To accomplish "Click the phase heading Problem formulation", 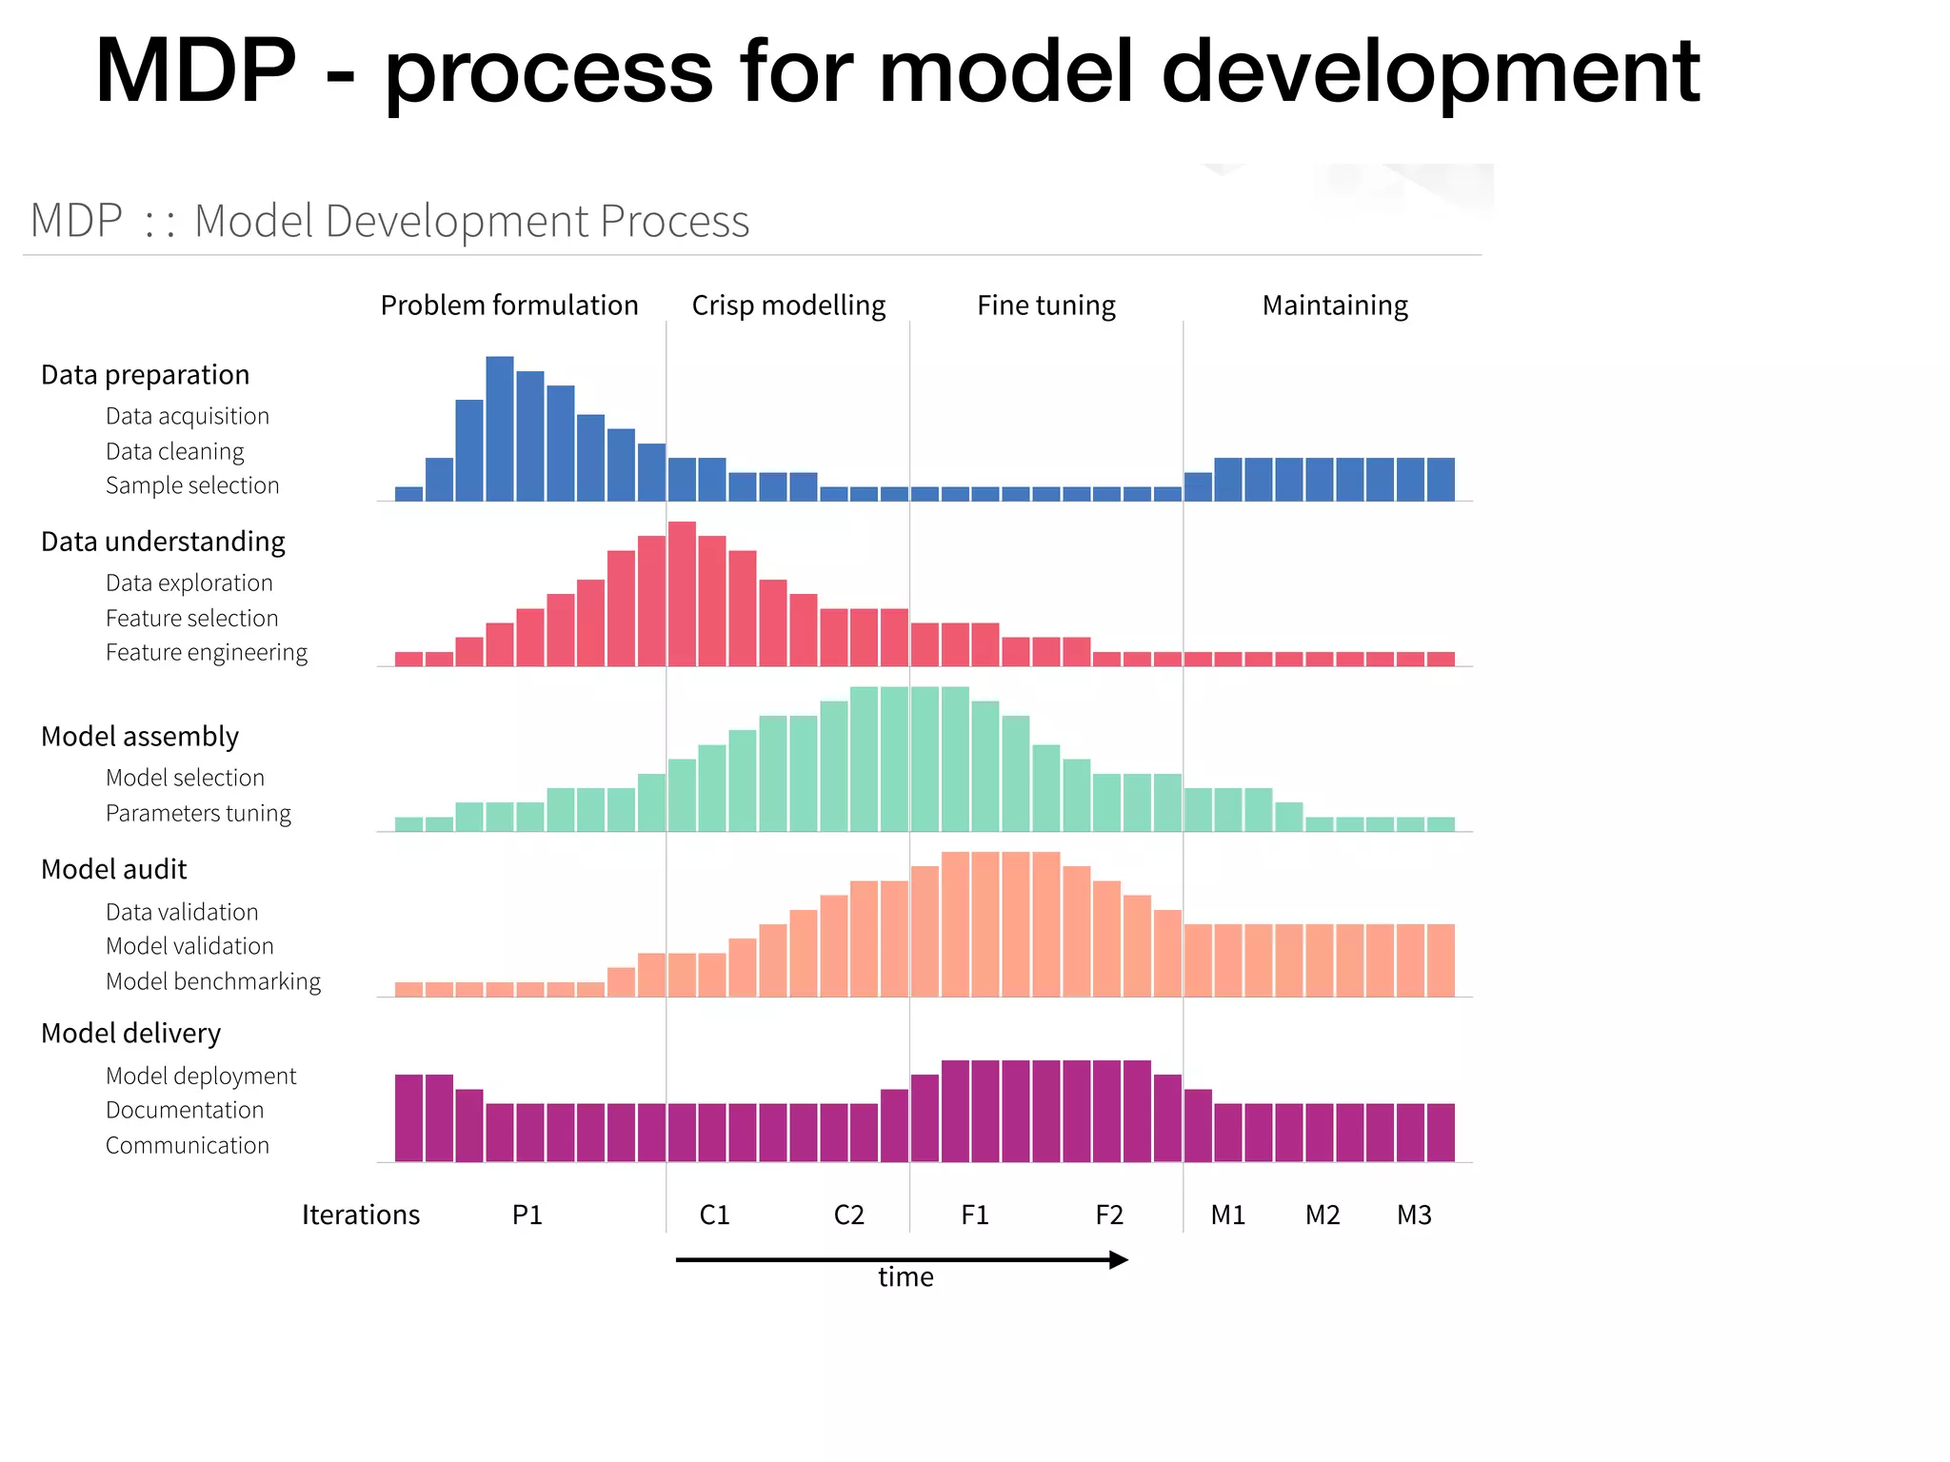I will tap(509, 306).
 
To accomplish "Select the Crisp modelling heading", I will tap(788, 306).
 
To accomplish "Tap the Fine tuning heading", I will tap(1045, 306).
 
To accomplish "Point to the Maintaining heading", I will tap(1335, 306).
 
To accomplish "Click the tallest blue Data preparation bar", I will tap(500, 428).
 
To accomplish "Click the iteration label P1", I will tap(527, 1215).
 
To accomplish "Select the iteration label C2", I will tap(848, 1215).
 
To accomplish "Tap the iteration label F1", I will tap(975, 1215).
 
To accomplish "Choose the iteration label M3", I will tap(1414, 1215).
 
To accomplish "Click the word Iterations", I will tap(360, 1215).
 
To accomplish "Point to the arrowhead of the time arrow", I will tap(1120, 1260).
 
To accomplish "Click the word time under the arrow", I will tap(905, 1277).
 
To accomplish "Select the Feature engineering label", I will tap(207, 653).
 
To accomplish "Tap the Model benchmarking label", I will tap(213, 981).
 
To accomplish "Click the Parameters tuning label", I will tap(198, 814).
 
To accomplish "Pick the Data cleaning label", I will tap(175, 451).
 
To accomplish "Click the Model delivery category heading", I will tap(130, 1034).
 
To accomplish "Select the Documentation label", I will tap(185, 1111).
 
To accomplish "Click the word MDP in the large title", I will tap(195, 71).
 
